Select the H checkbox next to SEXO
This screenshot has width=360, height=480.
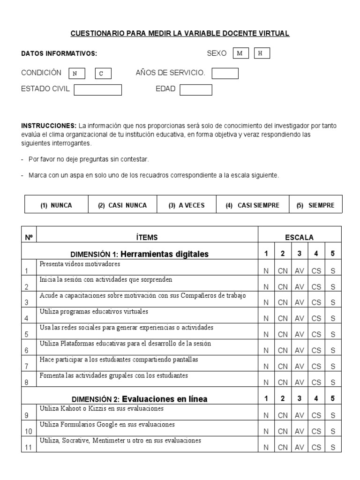[262, 53]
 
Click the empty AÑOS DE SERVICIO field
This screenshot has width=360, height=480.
[225, 74]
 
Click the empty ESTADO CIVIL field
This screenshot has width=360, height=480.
[98, 90]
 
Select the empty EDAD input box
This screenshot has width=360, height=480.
[196, 90]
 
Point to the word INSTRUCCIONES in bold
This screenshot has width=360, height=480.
[49, 126]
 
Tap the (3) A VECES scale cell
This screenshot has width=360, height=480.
[187, 205]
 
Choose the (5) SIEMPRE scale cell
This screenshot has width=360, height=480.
[315, 205]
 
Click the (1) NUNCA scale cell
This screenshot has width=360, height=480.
[56, 205]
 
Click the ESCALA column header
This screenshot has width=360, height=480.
[300, 238]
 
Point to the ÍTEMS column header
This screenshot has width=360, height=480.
[147, 238]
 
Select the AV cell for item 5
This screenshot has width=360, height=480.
[300, 334]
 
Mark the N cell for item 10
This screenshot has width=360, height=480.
[266, 431]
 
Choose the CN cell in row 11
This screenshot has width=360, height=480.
[283, 447]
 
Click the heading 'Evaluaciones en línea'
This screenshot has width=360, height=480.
[165, 399]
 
